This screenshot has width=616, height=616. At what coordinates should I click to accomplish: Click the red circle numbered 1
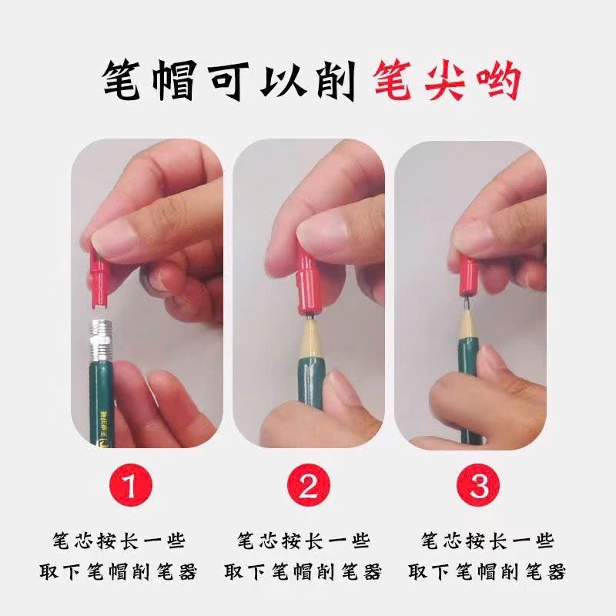(130, 486)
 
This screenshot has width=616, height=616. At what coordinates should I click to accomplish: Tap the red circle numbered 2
(308, 486)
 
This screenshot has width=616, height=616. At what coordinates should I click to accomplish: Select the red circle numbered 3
(479, 486)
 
